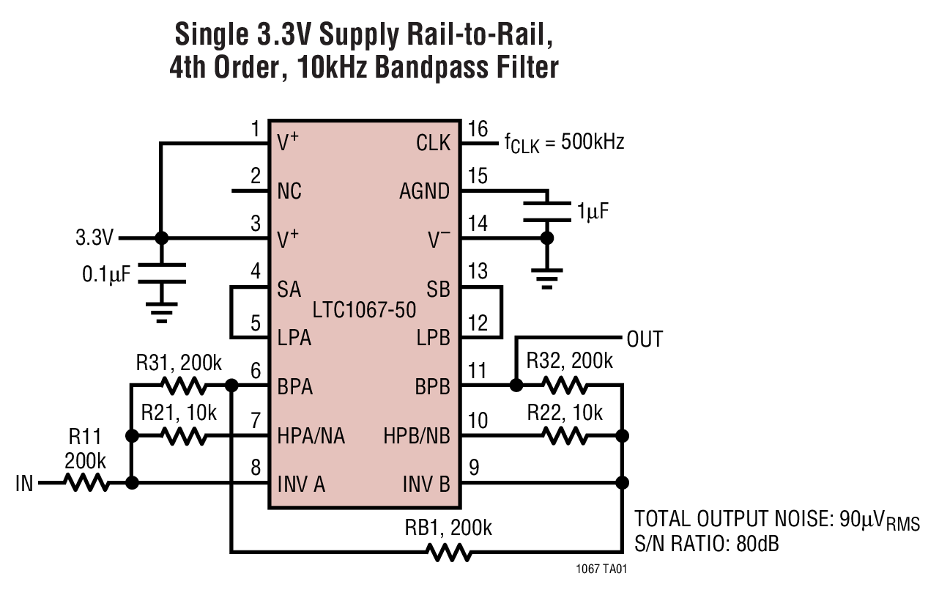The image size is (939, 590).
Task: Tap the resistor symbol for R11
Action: pyautogui.click(x=87, y=483)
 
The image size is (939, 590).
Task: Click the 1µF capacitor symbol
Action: pyautogui.click(x=546, y=210)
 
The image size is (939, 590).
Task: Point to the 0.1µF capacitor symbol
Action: pyautogui.click(x=162, y=273)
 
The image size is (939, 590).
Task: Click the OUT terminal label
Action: pyautogui.click(x=645, y=339)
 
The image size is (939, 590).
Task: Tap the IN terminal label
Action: pyautogui.click(x=24, y=484)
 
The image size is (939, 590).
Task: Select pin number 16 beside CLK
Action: pyautogui.click(x=478, y=130)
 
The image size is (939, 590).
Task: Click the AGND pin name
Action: pyautogui.click(x=424, y=191)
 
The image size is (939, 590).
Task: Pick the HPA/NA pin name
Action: pyautogui.click(x=311, y=437)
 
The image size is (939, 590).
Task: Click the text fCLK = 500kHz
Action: pyautogui.click(x=564, y=143)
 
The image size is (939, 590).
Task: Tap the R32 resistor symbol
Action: pyautogui.click(x=565, y=385)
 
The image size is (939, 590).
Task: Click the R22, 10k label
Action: pyautogui.click(x=565, y=413)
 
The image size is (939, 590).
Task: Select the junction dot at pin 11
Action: pyautogui.click(x=516, y=385)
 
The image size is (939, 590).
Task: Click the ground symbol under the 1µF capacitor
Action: pyautogui.click(x=546, y=277)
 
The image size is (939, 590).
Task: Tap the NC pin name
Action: pyautogui.click(x=289, y=191)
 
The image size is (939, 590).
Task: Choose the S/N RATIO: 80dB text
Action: pyautogui.click(x=706, y=545)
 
